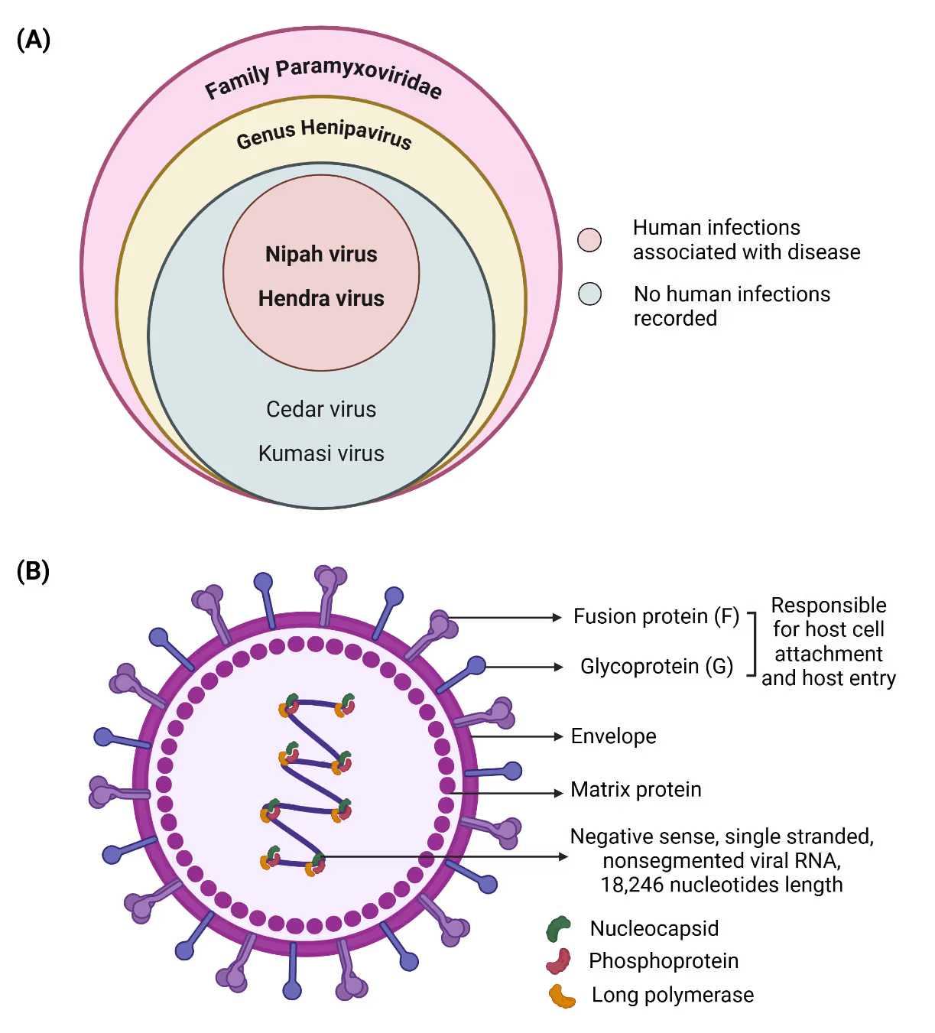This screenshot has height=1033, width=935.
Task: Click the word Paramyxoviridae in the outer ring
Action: (x=359, y=76)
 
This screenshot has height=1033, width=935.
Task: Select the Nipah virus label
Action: (x=321, y=254)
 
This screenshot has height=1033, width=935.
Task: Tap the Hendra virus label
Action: (x=321, y=298)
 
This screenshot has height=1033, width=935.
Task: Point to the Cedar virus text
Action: (x=321, y=409)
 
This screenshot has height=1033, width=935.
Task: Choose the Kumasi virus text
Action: (x=321, y=453)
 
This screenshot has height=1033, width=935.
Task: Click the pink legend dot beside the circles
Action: (x=589, y=240)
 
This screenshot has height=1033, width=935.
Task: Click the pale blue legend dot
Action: (x=589, y=294)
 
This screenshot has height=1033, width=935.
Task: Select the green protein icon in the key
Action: (x=558, y=928)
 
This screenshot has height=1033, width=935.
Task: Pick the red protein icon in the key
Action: (x=559, y=961)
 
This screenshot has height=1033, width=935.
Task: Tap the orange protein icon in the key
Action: (x=562, y=996)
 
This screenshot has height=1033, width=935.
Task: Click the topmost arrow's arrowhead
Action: (x=559, y=617)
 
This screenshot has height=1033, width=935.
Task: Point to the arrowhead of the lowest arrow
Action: (x=564, y=856)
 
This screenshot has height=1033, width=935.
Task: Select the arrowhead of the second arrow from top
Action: (x=560, y=667)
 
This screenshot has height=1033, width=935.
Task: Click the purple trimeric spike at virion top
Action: (x=330, y=581)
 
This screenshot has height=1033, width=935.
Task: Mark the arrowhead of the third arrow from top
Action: (x=559, y=736)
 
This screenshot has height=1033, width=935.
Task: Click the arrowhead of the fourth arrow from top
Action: (x=560, y=794)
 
